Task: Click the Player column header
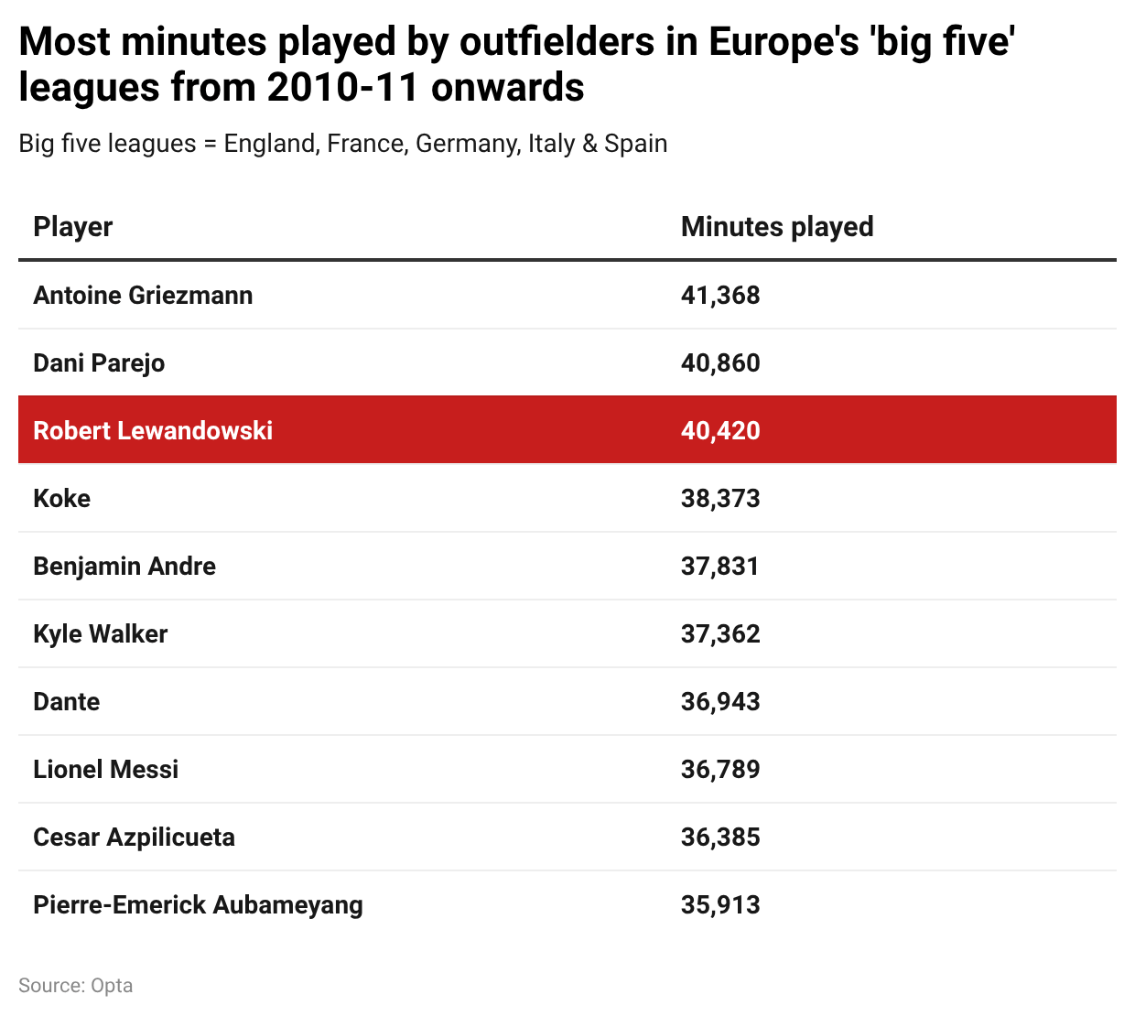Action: click(73, 227)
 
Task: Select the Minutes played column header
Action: click(777, 227)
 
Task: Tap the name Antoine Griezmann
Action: click(143, 296)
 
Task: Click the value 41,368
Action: click(720, 296)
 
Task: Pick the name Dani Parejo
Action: click(99, 363)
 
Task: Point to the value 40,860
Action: click(720, 363)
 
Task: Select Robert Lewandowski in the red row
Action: click(153, 431)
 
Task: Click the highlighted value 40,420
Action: click(720, 431)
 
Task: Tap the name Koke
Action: click(62, 499)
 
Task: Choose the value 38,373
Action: click(720, 499)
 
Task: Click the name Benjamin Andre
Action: click(124, 567)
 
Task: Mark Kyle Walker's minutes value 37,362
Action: click(720, 634)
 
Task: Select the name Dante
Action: click(67, 702)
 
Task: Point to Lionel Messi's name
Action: click(106, 770)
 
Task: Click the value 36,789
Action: click(720, 770)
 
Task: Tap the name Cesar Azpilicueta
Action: click(135, 838)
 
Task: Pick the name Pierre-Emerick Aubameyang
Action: click(199, 905)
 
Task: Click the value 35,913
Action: click(720, 905)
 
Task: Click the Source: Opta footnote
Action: click(76, 986)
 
